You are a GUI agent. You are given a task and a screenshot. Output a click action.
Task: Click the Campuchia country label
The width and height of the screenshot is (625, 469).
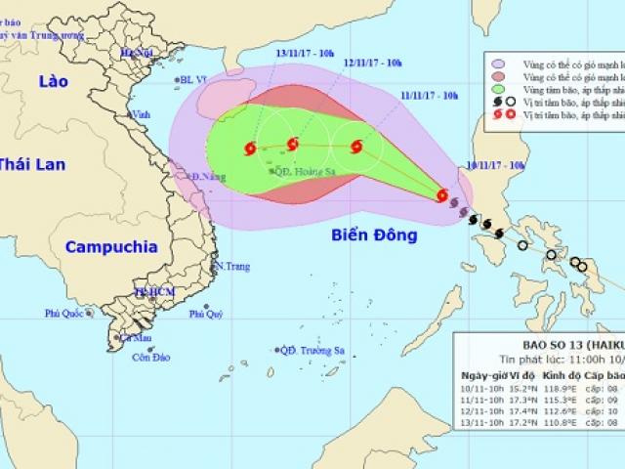111,247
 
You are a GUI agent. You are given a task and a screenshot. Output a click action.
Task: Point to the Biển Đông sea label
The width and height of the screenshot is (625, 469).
374,235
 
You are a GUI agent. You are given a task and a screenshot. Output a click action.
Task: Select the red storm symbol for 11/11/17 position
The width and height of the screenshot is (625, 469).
355,149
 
